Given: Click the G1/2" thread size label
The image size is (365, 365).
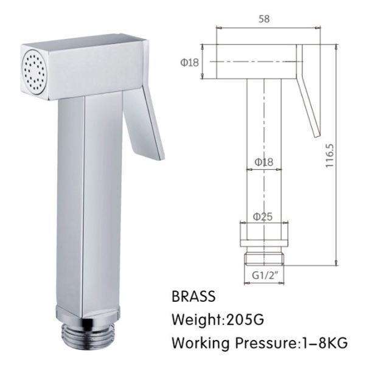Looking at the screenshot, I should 265,276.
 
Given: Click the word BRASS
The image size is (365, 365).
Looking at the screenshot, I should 194,297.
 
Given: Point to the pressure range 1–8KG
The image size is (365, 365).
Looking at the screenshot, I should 319,342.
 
